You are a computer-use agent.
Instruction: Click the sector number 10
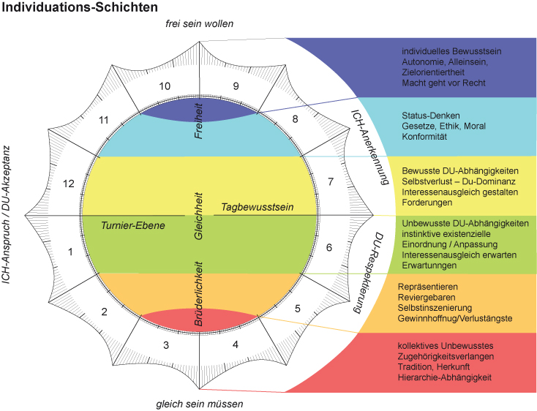pyautogui.click(x=165, y=86)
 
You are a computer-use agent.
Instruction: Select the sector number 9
pyautogui.click(x=236, y=86)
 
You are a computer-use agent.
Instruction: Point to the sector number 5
pyautogui.click(x=297, y=309)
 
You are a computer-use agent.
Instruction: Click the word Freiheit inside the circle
pyautogui.click(x=198, y=121)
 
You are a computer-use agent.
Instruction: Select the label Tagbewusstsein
pyautogui.click(x=258, y=208)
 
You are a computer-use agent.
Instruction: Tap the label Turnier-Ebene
pyautogui.click(x=133, y=225)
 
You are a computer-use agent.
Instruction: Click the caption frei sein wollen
pyautogui.click(x=200, y=24)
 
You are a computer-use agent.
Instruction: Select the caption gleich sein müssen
pyautogui.click(x=200, y=403)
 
